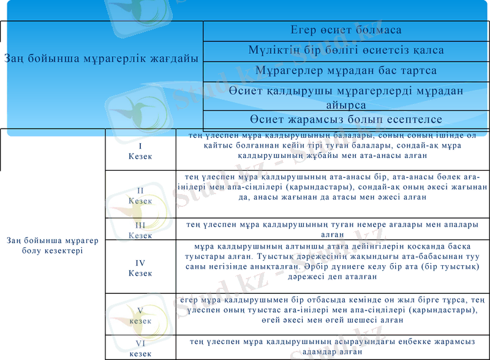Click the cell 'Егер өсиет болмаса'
(346, 30)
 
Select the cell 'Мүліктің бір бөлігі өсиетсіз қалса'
(346, 50)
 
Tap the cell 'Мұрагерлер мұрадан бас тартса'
(346, 70)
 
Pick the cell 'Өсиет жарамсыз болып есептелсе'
(346, 119)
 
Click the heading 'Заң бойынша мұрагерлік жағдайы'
(101, 59)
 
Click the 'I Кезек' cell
(140, 151)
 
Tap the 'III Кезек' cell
(140, 230)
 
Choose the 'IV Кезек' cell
(140, 268)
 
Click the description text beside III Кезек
(332, 230)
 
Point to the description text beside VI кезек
(332, 347)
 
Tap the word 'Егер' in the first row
(304, 30)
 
